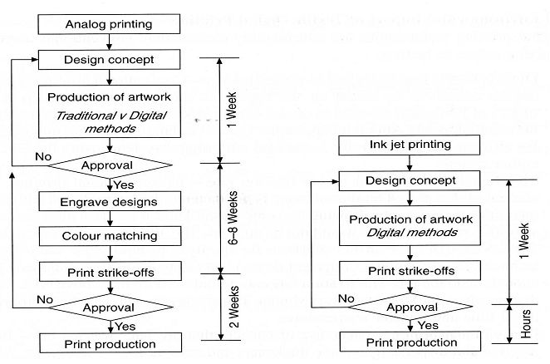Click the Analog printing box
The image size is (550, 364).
[x=109, y=23]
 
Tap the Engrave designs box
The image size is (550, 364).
[x=109, y=201]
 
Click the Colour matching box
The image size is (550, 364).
[x=109, y=236]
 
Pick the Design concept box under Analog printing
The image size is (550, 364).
[x=109, y=60]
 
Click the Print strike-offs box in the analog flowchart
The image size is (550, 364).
[x=109, y=271]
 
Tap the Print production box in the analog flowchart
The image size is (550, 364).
[x=109, y=343]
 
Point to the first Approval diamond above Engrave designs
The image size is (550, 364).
[x=109, y=165]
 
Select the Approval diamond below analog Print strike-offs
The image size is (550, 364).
[x=109, y=307]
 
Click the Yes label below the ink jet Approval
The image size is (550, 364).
[x=430, y=325]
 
